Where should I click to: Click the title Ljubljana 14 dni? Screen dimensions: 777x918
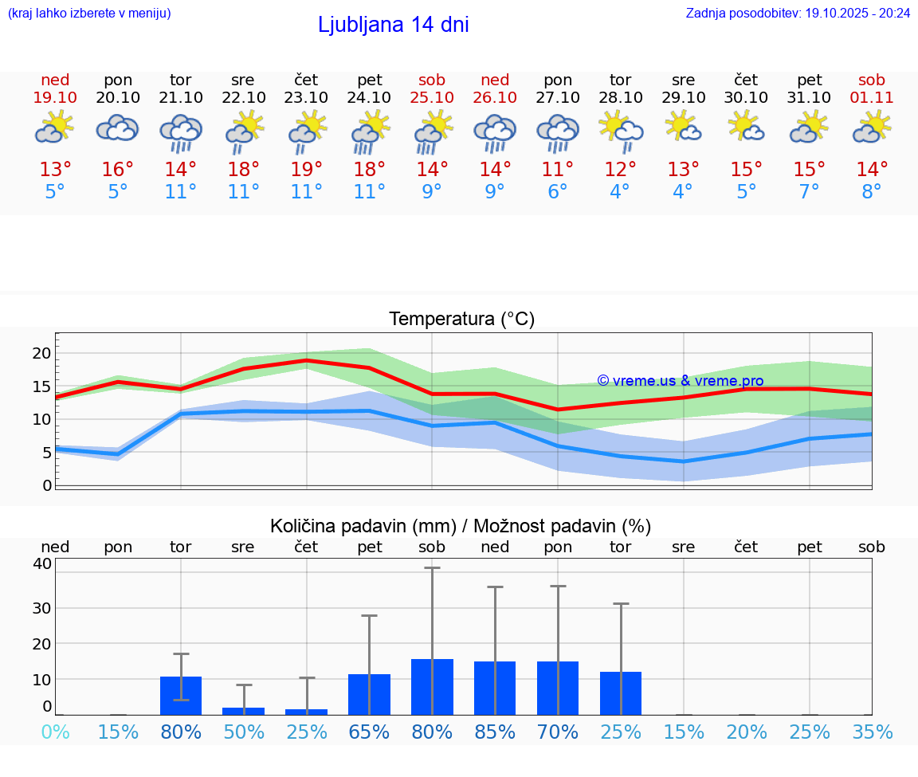[x=393, y=25]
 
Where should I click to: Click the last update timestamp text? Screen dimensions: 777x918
[x=798, y=13]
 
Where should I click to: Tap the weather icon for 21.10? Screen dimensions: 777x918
[x=181, y=133]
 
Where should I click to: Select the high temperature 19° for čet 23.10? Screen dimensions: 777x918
[x=307, y=170]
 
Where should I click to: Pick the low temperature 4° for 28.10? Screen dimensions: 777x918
[x=620, y=192]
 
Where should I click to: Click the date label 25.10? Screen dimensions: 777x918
[x=432, y=98]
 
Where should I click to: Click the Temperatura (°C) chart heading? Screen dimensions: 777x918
[x=461, y=320]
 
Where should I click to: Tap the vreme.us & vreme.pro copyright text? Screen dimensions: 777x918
[x=681, y=381]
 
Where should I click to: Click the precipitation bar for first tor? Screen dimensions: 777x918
[x=181, y=696]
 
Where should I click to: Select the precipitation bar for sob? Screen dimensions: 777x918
[x=432, y=687]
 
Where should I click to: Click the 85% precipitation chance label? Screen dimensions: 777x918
[x=495, y=732]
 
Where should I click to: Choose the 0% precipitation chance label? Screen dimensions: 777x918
[x=55, y=732]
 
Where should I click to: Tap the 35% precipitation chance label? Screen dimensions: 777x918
[x=872, y=732]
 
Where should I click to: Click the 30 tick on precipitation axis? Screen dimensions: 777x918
[x=41, y=607]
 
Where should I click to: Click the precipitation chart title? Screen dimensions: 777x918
[x=461, y=526]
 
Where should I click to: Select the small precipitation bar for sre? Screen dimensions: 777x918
[x=243, y=711]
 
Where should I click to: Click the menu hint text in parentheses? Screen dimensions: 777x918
[x=89, y=13]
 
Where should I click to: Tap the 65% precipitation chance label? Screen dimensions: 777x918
[x=370, y=732]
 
